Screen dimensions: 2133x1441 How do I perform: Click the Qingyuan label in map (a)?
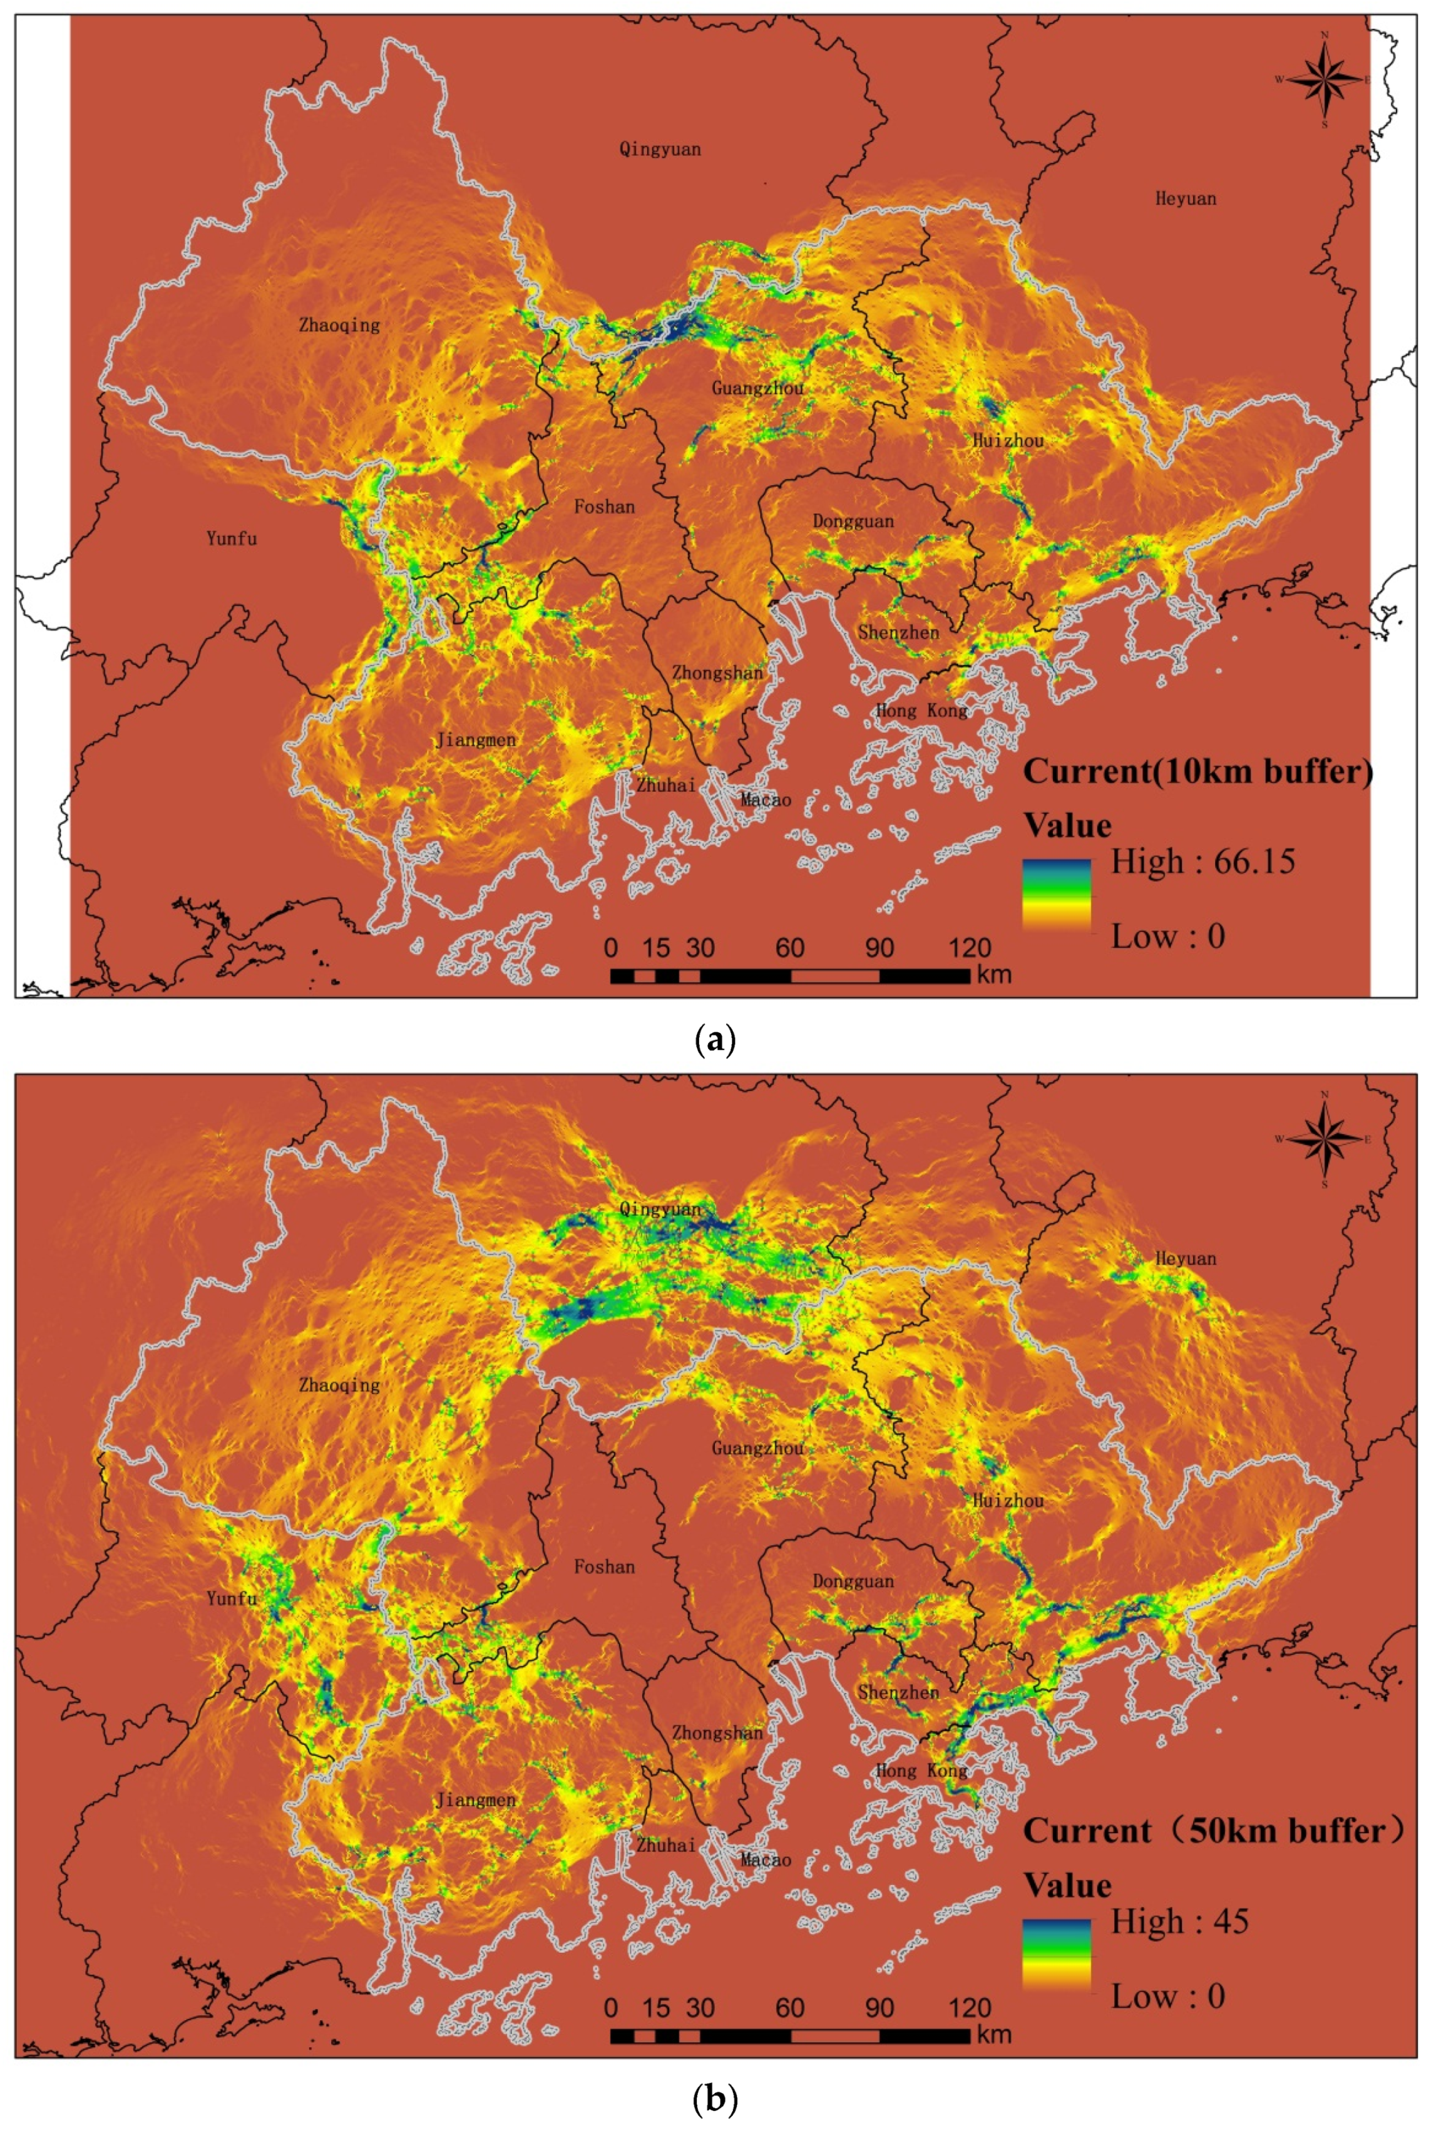pyautogui.click(x=659, y=148)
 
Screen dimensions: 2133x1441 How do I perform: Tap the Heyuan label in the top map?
pyautogui.click(x=1185, y=198)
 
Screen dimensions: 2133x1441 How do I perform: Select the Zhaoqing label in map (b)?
pyautogui.click(x=339, y=1385)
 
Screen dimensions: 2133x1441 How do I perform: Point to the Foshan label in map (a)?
pyautogui.click(x=604, y=506)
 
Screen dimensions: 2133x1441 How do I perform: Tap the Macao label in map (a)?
pyautogui.click(x=766, y=799)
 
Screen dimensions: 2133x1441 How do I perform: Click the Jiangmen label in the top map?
pyautogui.click(x=476, y=740)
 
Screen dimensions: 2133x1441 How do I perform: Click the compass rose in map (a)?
pyautogui.click(x=1323, y=80)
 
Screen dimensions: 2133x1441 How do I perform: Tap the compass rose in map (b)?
pyautogui.click(x=1323, y=1140)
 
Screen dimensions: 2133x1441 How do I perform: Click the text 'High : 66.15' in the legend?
pyautogui.click(x=1203, y=862)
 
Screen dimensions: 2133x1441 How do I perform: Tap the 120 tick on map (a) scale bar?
pyautogui.click(x=969, y=948)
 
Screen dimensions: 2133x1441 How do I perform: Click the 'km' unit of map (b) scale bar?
pyautogui.click(x=994, y=2035)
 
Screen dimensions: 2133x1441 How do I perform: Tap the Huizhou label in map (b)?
pyautogui.click(x=1008, y=1501)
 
